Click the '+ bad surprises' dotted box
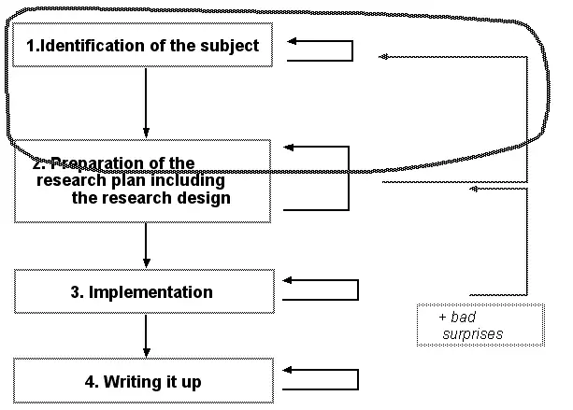[480, 325]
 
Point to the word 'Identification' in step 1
[93, 46]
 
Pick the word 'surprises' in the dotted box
[473, 333]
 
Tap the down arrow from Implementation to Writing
[146, 335]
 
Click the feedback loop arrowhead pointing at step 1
[294, 42]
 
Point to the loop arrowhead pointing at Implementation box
[288, 280]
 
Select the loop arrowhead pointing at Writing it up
[288, 370]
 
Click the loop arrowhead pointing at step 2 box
[289, 148]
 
